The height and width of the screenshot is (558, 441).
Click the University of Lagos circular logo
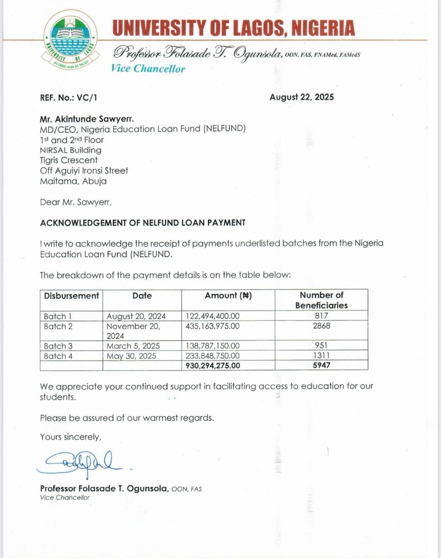(x=71, y=39)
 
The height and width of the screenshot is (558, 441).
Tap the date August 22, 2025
(x=302, y=97)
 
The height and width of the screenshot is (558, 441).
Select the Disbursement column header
(x=71, y=296)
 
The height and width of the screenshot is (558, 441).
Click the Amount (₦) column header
(x=228, y=296)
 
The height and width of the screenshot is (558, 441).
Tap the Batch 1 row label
(x=55, y=316)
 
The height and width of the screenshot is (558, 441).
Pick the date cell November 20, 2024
(x=133, y=331)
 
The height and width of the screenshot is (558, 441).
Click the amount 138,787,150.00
(x=212, y=346)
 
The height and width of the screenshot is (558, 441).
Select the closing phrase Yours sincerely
(x=71, y=437)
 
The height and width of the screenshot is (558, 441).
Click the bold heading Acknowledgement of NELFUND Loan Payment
(x=143, y=223)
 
